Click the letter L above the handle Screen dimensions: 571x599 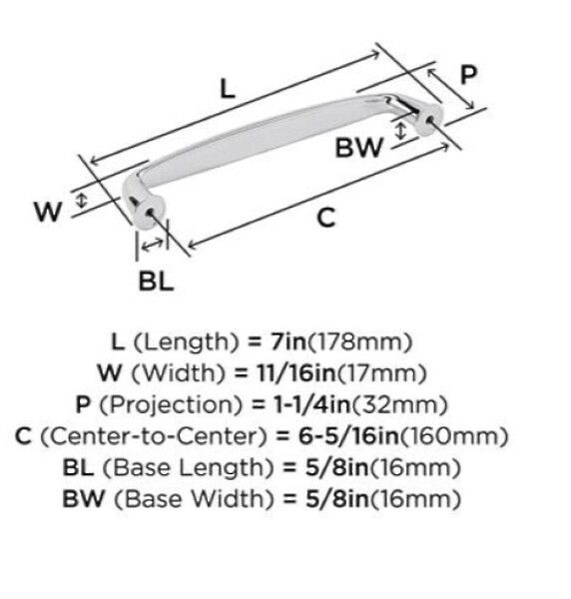pos(228,90)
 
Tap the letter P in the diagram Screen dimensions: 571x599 pos(468,75)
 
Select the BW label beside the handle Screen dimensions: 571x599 pos(358,148)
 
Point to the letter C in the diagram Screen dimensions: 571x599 pos(326,218)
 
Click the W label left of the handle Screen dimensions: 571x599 pos(48,212)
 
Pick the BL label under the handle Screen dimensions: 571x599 pos(156,282)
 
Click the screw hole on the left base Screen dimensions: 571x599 pos(150,213)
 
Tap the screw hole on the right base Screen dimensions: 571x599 pos(430,119)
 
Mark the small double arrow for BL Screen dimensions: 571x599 pos(152,244)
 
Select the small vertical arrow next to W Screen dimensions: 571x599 pos(81,201)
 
